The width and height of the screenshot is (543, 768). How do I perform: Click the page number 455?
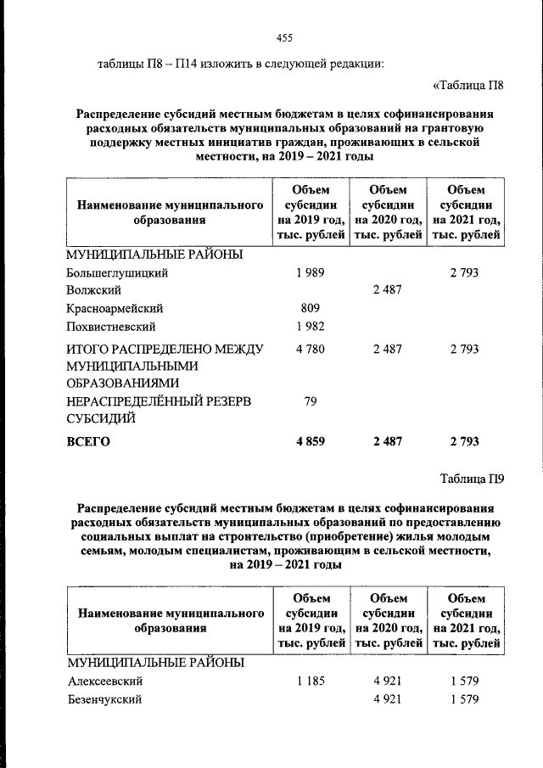(284, 37)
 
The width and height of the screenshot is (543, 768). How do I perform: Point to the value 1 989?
(311, 272)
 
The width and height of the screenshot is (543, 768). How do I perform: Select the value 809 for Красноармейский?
(311, 308)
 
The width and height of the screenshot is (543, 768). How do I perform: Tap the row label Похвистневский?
(111, 326)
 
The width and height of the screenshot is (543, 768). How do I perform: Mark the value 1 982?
(311, 326)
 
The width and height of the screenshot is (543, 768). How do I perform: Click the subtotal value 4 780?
(311, 349)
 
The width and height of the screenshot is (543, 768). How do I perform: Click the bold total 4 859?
(311, 441)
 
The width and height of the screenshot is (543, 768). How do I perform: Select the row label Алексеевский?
(105, 681)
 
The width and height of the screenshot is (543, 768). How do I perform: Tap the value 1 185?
(311, 681)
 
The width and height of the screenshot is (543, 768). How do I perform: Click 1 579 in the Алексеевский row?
(464, 681)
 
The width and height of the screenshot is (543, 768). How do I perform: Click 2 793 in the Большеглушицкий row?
(464, 272)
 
